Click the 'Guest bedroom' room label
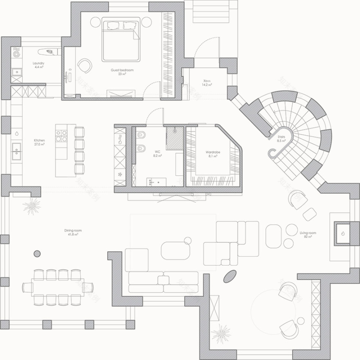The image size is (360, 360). click(122, 70)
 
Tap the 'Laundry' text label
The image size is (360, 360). click(39, 63)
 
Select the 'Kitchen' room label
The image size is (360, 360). click(39, 140)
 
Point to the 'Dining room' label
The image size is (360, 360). click(73, 230)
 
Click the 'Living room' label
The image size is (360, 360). click(308, 233)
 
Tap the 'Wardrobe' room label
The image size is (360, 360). click(213, 152)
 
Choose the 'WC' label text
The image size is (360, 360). click(157, 152)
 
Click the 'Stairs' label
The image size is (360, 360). click(281, 137)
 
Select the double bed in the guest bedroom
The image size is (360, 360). click(121, 40)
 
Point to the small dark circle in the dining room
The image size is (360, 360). click(37, 254)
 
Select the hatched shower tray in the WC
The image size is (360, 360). click(175, 138)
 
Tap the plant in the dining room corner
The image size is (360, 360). click(31, 206)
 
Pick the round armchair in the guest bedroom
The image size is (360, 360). click(85, 65)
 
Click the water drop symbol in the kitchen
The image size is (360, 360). click(17, 133)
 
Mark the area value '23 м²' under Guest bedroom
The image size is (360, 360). click(122, 74)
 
